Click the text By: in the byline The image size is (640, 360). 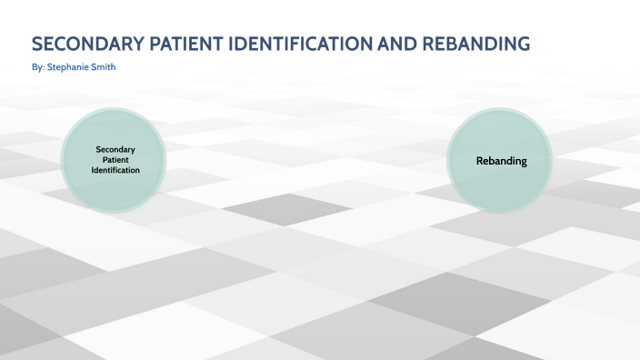pyautogui.click(x=38, y=67)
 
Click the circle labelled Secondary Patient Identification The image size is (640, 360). pyautogui.click(x=115, y=159)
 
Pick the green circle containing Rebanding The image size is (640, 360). pyautogui.click(x=501, y=160)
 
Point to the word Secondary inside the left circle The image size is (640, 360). pyautogui.click(x=115, y=148)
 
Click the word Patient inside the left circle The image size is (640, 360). pyautogui.click(x=115, y=159)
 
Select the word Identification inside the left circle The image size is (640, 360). pyautogui.click(x=115, y=170)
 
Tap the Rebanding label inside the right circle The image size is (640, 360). pyautogui.click(x=501, y=161)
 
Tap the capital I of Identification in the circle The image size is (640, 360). pyautogui.click(x=93, y=170)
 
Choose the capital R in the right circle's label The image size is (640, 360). pyautogui.click(x=479, y=161)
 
